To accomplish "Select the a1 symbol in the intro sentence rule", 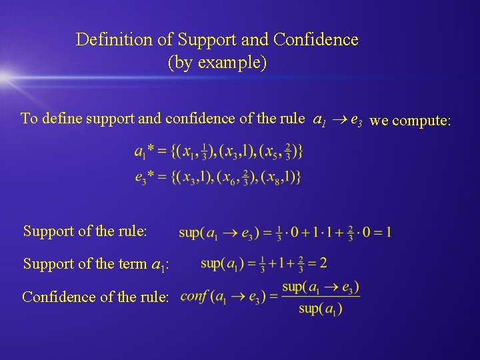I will coord(320,121).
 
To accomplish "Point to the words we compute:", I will coord(411,121).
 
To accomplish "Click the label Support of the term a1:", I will coord(95,264).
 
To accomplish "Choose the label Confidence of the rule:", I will coord(95,296).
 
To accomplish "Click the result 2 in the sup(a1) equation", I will coord(323,263).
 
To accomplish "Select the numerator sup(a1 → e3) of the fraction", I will coord(320,287).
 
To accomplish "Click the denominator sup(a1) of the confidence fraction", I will coord(321,308).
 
